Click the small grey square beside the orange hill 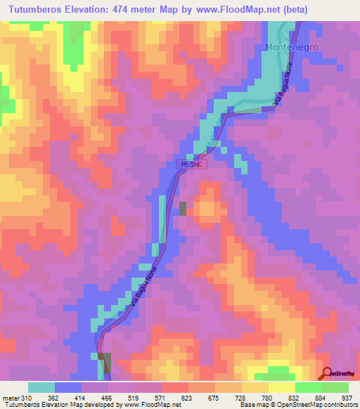click(x=184, y=208)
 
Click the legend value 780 click(x=266, y=397)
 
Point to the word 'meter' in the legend click(x=11, y=397)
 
